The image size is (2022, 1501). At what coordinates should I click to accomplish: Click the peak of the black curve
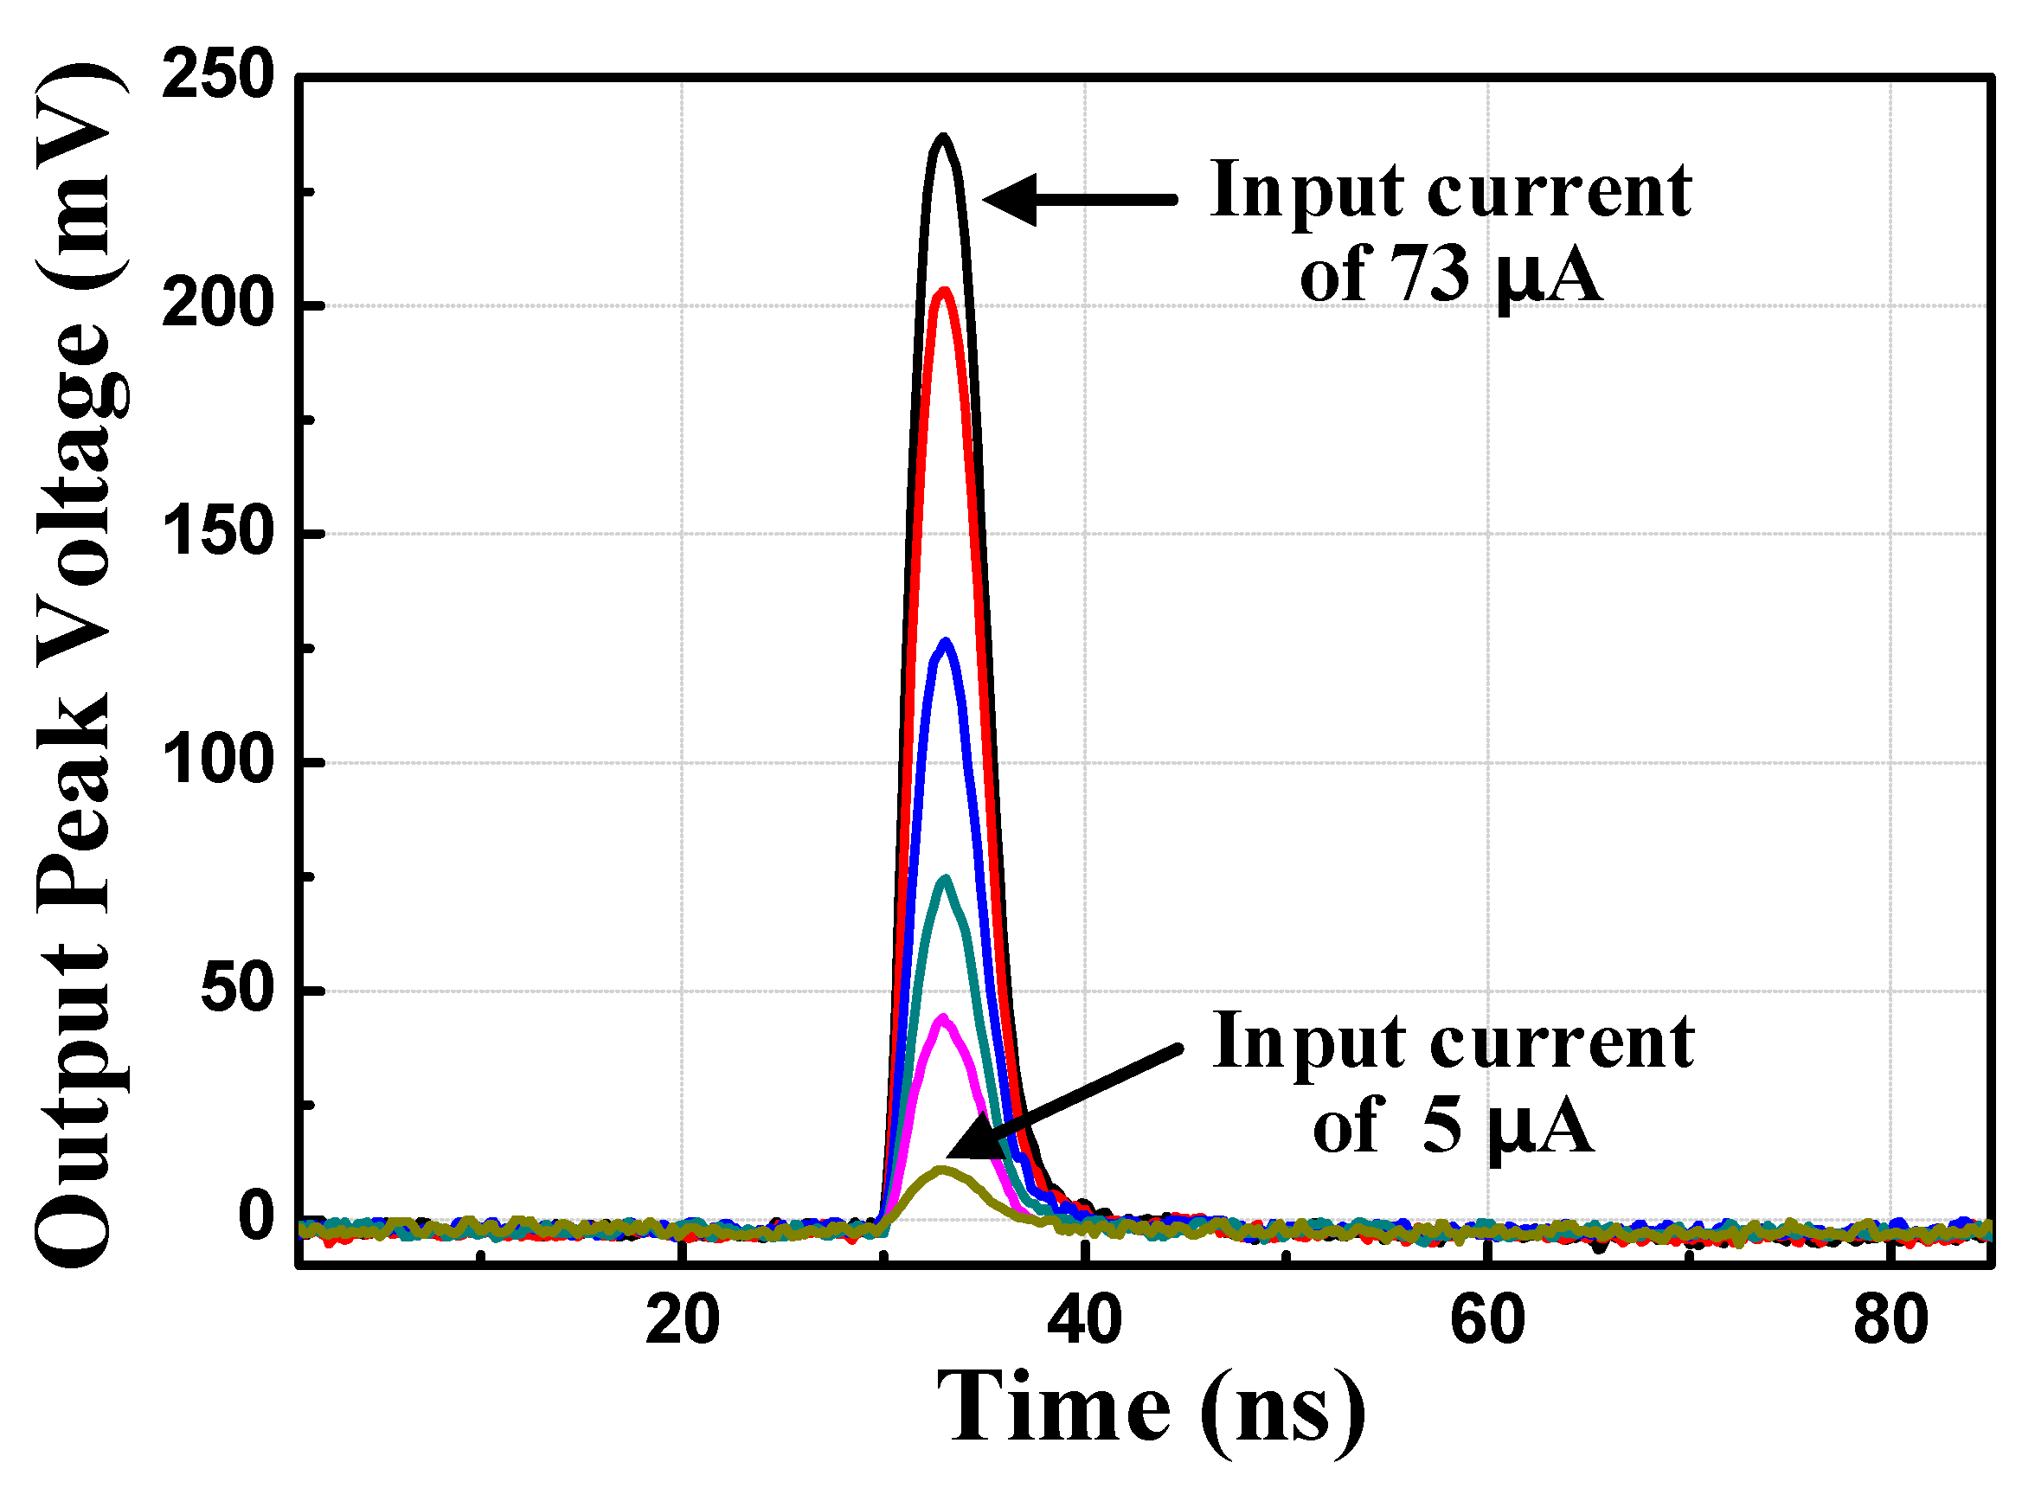click(x=943, y=138)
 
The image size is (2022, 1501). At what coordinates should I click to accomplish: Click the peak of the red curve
click(x=944, y=292)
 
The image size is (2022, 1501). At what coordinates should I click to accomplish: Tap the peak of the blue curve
click(x=946, y=643)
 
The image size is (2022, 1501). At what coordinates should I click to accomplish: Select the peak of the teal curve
click(x=946, y=879)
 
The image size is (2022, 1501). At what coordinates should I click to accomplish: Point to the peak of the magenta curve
click(x=943, y=1018)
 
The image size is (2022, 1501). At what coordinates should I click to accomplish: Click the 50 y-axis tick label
click(x=237, y=991)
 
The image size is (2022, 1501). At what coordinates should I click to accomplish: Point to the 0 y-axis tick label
click(x=256, y=1218)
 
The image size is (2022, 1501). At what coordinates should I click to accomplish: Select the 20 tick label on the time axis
click(x=682, y=1321)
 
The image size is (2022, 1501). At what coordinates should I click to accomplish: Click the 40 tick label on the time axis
click(x=1084, y=1321)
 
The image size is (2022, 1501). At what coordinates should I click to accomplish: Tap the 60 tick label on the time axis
click(x=1487, y=1321)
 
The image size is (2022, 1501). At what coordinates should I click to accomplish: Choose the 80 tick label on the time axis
click(x=1890, y=1321)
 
